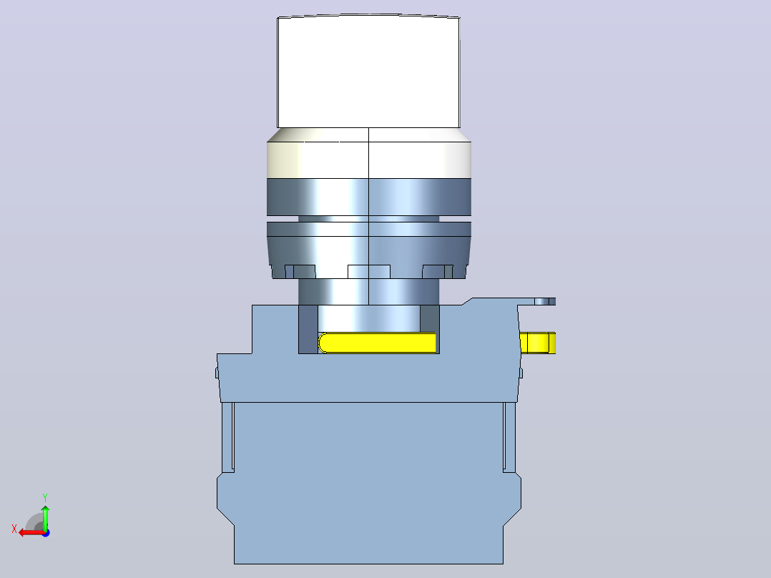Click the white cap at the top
coord(368,72)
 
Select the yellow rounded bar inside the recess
coord(377,343)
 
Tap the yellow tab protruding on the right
coord(537,343)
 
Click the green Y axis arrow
coord(45,517)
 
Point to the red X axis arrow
coord(32,532)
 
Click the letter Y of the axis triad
coord(45,498)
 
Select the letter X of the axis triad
coord(14,529)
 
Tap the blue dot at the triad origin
coord(46,533)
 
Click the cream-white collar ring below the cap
coord(369,154)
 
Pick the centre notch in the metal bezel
coord(369,272)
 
